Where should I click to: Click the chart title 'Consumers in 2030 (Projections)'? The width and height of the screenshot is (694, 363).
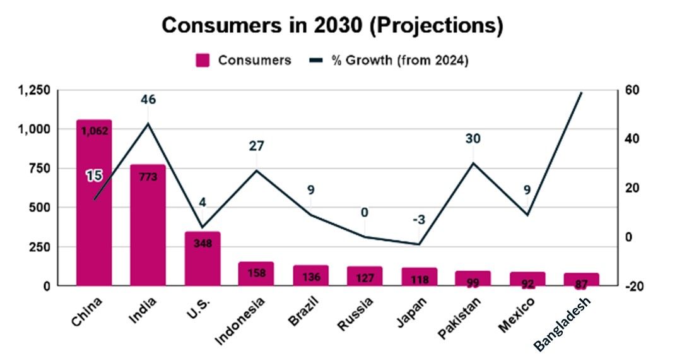pyautogui.click(x=332, y=25)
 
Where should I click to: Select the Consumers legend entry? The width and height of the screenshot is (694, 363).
pyautogui.click(x=243, y=61)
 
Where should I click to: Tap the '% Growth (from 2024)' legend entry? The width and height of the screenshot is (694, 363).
pyautogui.click(x=389, y=61)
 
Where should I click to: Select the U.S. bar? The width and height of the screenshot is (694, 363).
pyautogui.click(x=202, y=258)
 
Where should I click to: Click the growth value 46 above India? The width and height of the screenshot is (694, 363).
pyautogui.click(x=148, y=100)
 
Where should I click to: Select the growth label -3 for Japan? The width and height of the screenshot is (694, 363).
pyautogui.click(x=418, y=220)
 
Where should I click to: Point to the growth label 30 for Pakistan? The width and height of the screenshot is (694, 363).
pyautogui.click(x=473, y=139)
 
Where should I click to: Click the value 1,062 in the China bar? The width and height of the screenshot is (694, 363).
pyautogui.click(x=94, y=131)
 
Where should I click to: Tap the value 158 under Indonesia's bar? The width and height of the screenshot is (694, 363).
pyautogui.click(x=256, y=273)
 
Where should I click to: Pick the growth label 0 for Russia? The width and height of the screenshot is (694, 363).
pyautogui.click(x=365, y=212)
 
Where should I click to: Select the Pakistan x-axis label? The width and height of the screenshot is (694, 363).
pyautogui.click(x=460, y=315)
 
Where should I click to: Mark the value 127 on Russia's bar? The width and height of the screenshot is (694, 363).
pyautogui.click(x=365, y=278)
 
